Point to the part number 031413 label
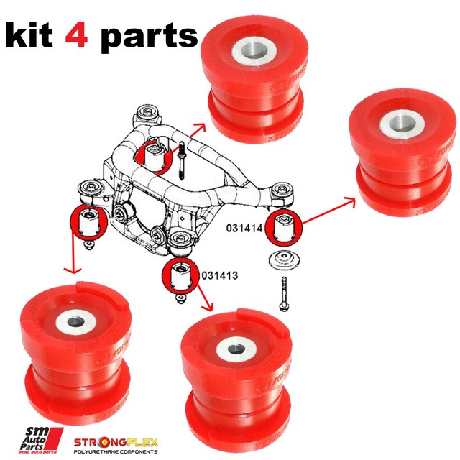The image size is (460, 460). [x=219, y=275]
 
